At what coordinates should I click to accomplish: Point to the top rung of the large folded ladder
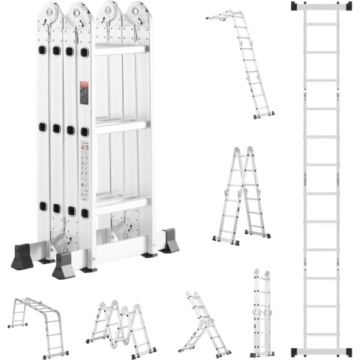point(120,49)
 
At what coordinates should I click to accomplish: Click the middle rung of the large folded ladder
point(120,125)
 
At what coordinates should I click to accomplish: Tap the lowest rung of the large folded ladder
point(120,201)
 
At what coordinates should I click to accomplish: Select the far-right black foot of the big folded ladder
point(169,241)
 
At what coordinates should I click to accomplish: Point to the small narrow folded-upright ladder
point(262,313)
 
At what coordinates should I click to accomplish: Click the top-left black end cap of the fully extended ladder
point(295,6)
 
